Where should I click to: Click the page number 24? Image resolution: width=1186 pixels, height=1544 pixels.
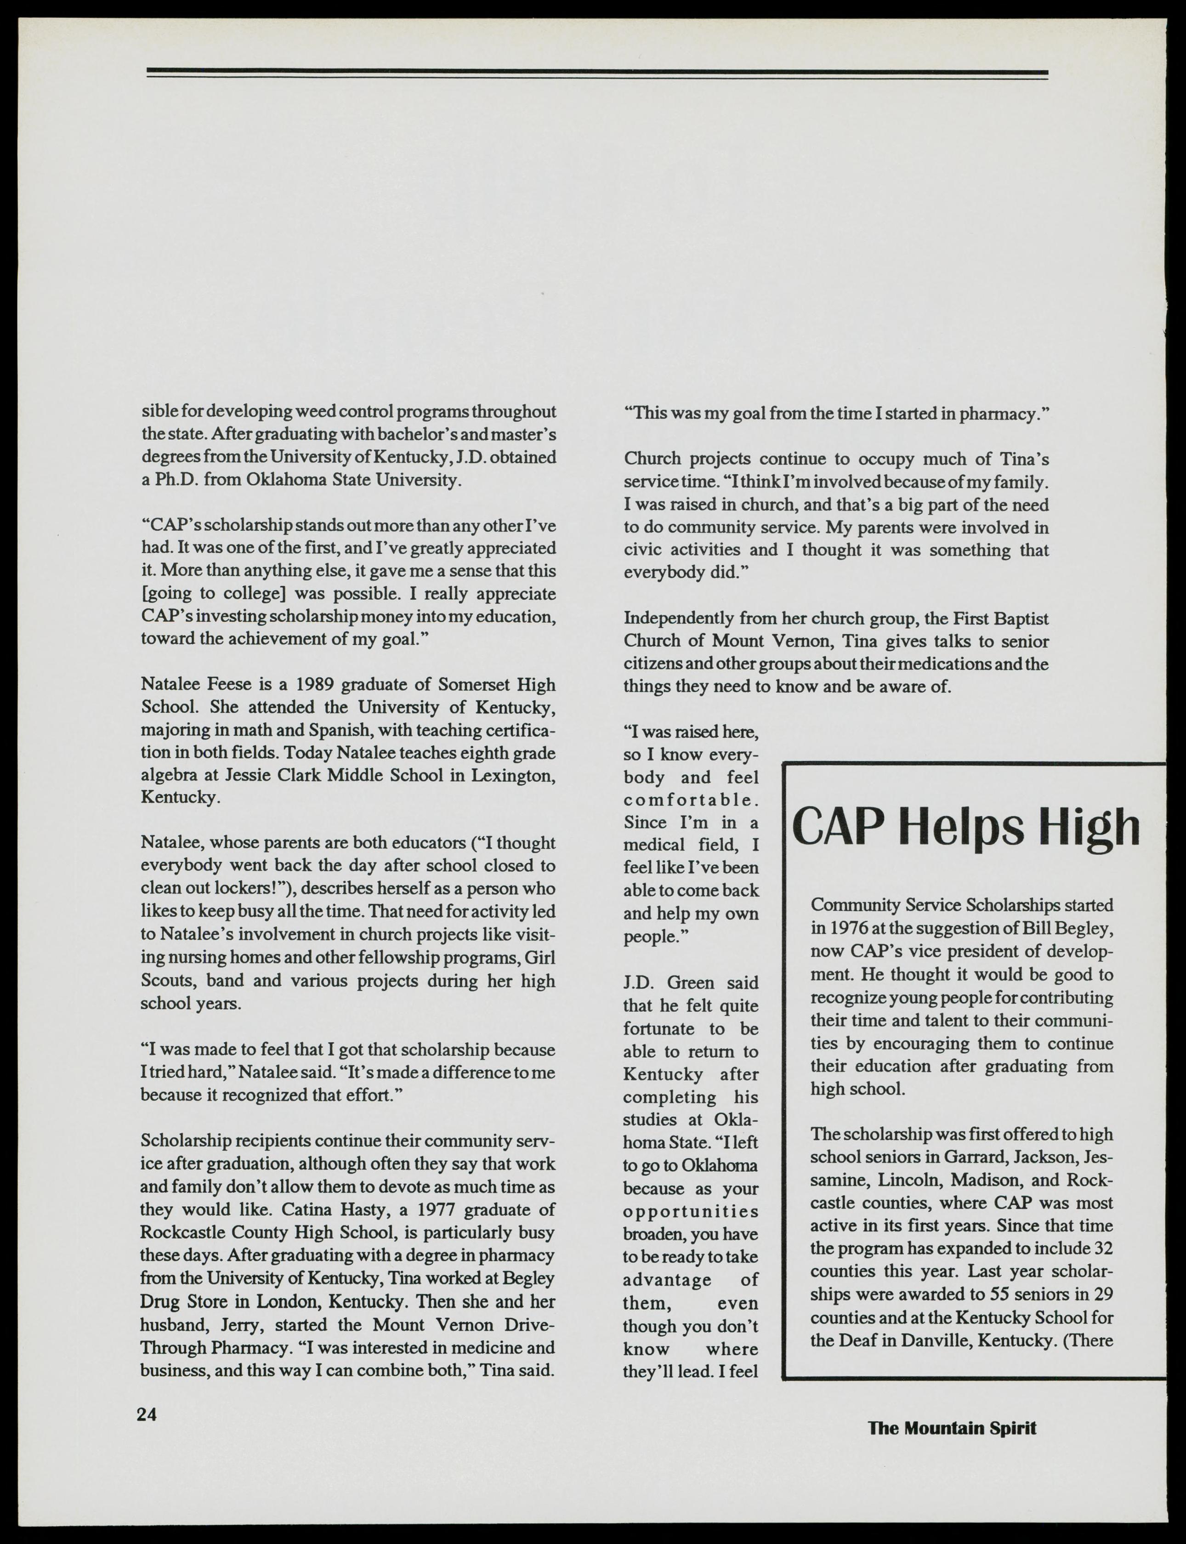[147, 1414]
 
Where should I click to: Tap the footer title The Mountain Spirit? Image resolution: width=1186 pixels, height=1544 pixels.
[952, 1428]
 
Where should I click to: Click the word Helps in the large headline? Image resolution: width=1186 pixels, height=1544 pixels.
[963, 828]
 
